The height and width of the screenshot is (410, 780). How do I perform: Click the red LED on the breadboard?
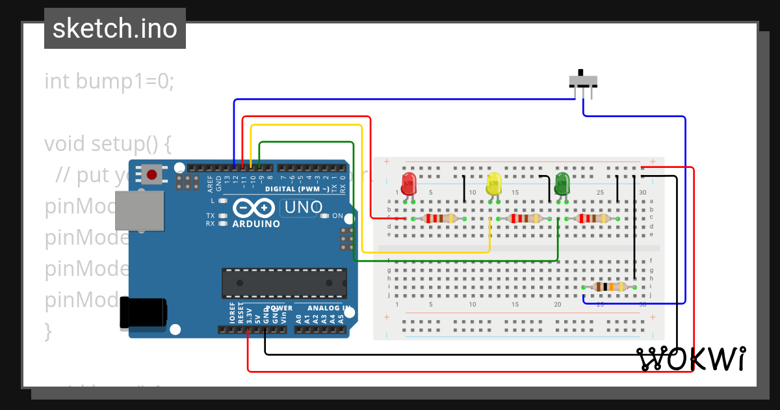(408, 184)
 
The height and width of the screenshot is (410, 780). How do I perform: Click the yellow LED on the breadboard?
(494, 184)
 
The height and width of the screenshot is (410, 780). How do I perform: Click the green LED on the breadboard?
(562, 184)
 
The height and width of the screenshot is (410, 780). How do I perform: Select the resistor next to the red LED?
(442, 219)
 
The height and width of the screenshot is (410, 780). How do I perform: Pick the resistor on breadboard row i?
(608, 287)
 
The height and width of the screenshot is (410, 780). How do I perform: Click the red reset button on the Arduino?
(152, 174)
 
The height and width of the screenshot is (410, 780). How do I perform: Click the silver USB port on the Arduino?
(138, 210)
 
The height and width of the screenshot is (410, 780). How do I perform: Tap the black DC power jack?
(143, 313)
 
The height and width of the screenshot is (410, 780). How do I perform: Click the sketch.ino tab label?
(115, 29)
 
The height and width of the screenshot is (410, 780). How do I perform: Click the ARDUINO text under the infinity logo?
(256, 224)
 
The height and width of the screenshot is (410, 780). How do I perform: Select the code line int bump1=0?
(109, 81)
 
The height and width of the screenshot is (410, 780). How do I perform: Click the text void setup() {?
(108, 143)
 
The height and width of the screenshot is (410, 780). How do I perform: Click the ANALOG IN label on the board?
(329, 308)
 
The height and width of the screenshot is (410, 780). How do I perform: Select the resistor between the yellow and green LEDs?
(525, 219)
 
